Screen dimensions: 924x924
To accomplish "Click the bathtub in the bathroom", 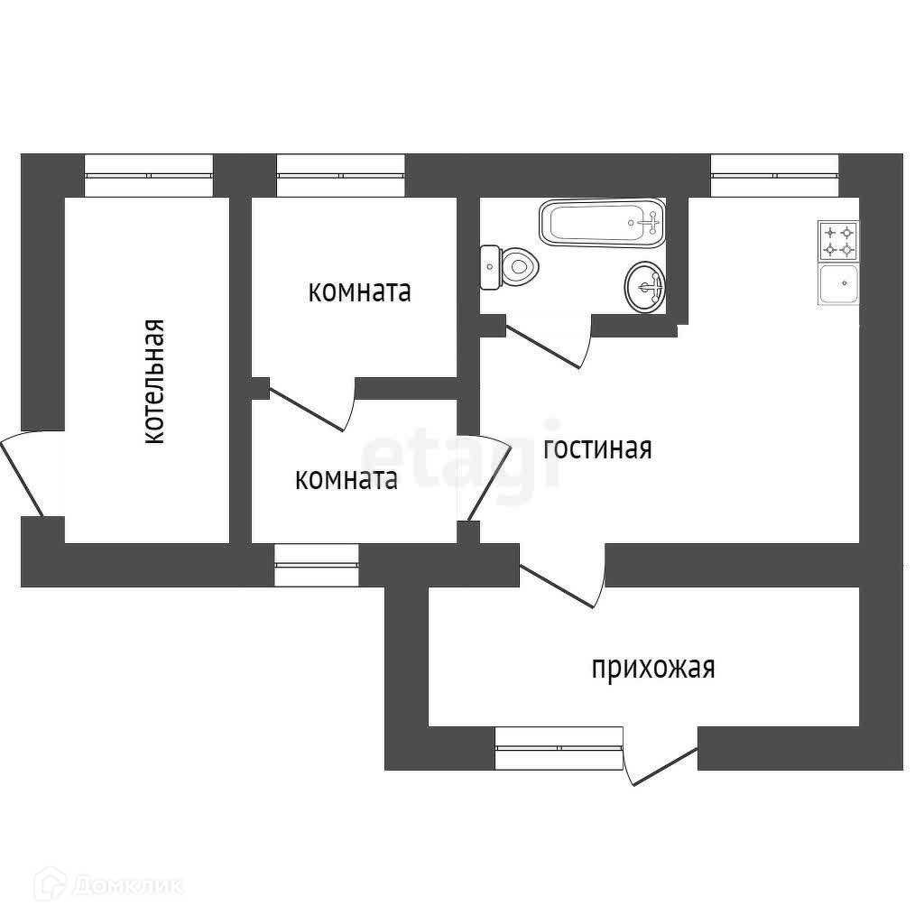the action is [601, 222].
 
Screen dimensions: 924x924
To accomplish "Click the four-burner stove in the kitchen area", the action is [838, 240].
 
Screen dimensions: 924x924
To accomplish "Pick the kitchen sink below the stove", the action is [838, 285].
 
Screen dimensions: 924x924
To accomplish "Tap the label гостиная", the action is [597, 448].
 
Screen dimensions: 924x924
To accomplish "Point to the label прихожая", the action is [653, 668].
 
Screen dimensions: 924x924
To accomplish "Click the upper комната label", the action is [360, 291].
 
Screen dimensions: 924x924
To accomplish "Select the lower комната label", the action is [346, 479].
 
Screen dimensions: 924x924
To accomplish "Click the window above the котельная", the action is [149, 175].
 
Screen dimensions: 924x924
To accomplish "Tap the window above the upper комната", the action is [340, 175].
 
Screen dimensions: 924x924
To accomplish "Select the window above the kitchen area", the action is [774, 175].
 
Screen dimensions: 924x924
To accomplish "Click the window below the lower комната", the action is [316, 565].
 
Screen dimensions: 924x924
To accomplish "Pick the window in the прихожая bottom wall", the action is [559, 747].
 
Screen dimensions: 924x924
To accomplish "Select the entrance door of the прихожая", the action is [661, 765].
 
